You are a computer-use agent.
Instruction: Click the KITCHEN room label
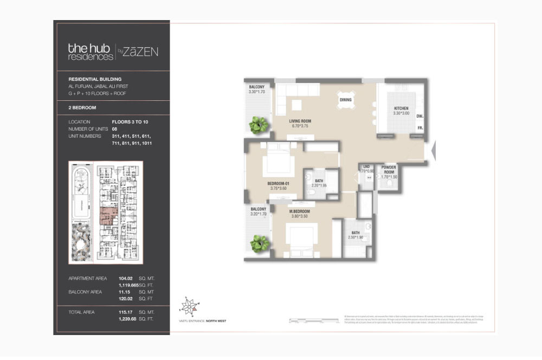[x=401, y=109]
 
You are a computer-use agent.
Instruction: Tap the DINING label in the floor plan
[x=345, y=100]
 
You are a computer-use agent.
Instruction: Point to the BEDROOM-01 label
[x=279, y=184]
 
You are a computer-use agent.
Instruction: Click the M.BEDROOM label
[x=299, y=211]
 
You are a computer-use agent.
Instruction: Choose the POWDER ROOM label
[x=389, y=170]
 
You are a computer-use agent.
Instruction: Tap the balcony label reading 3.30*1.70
[x=256, y=92]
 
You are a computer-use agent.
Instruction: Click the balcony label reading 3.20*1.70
[x=258, y=214]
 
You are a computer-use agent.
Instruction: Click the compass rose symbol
[x=189, y=306]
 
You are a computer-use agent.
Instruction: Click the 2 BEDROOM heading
[x=82, y=107]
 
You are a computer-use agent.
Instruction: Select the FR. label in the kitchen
[x=420, y=128]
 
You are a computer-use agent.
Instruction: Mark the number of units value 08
[x=114, y=129]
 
